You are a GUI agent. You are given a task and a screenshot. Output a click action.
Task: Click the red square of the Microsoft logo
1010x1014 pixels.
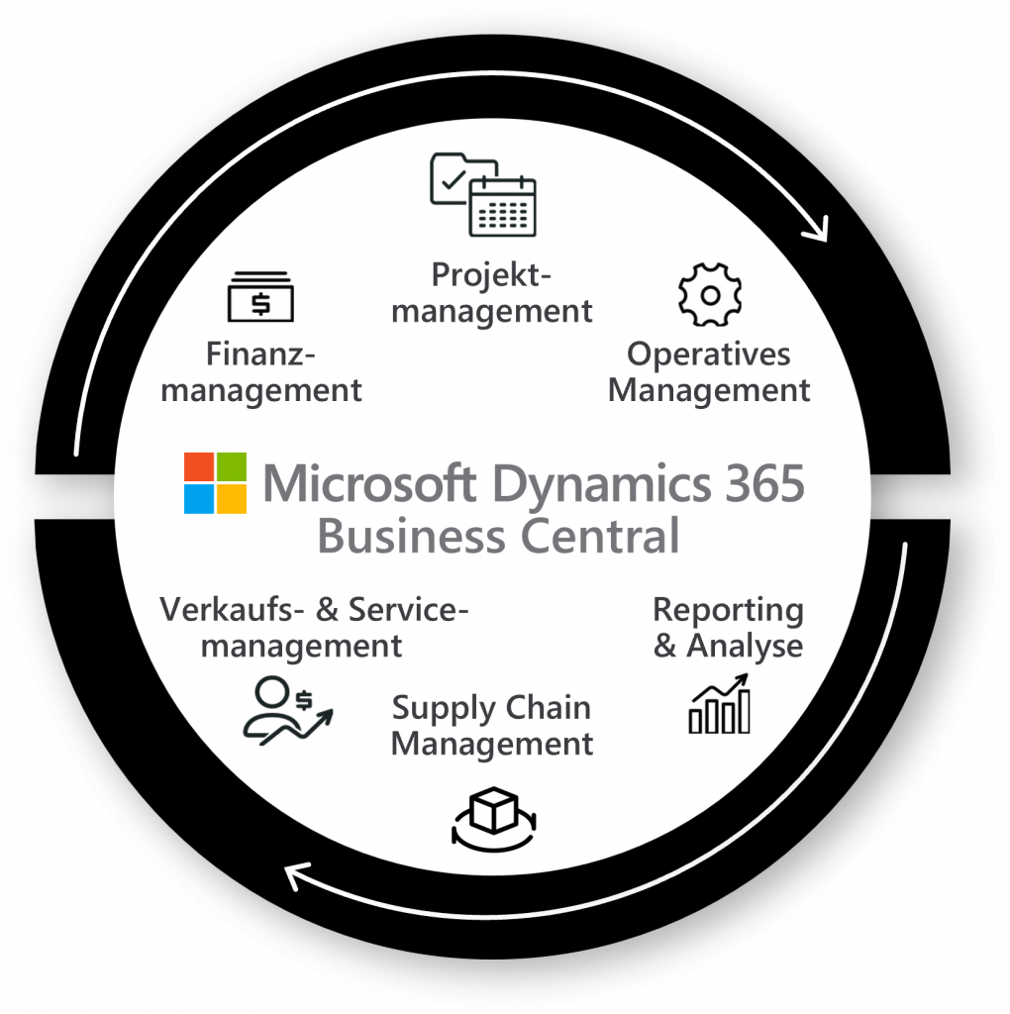199,467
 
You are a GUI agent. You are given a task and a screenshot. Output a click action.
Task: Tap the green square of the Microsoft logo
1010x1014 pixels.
232,467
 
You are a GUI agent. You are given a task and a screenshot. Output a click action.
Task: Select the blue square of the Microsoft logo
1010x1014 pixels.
199,499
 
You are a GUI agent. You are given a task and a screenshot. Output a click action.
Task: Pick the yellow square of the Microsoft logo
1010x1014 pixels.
232,499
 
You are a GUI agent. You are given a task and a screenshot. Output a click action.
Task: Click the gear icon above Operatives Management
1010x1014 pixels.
709,295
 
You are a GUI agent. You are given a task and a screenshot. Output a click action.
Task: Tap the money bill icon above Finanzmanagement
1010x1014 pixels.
260,297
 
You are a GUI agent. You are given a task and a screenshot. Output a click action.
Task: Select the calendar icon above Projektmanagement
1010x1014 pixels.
502,207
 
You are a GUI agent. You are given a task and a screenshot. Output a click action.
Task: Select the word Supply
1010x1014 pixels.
434,709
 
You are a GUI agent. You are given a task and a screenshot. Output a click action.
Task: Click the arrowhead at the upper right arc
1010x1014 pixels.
818,232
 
